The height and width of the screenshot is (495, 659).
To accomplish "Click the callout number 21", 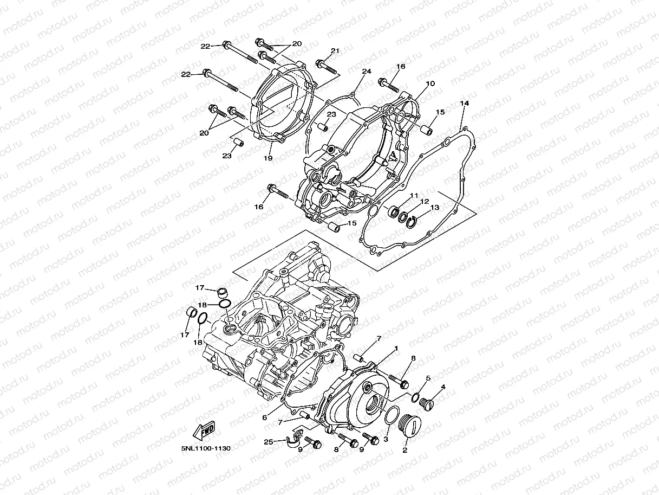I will point(335,51).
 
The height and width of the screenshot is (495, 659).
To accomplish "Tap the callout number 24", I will point(367,72).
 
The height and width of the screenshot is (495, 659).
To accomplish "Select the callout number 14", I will point(465,103).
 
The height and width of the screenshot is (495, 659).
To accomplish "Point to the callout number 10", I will point(430,84).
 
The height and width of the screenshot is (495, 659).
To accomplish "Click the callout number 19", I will point(267,158).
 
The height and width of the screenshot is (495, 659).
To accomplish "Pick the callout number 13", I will point(434,207).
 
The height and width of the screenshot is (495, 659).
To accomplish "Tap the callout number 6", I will point(264,417).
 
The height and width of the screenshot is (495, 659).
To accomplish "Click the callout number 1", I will point(396,348).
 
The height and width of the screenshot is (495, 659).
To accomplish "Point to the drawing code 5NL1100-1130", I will point(206,449).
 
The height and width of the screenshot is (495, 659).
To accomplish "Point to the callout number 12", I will point(425,201).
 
